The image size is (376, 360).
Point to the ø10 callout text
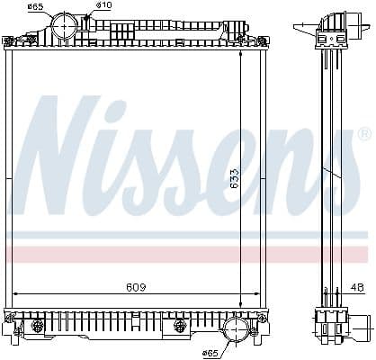pyautogui.click(x=104, y=6)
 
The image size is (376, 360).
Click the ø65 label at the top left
pyautogui.click(x=34, y=7)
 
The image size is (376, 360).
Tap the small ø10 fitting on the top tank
pyautogui.click(x=87, y=17)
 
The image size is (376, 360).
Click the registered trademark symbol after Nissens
pyautogui.click(x=363, y=134)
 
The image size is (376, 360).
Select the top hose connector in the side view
pyautogui.click(x=332, y=25)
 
